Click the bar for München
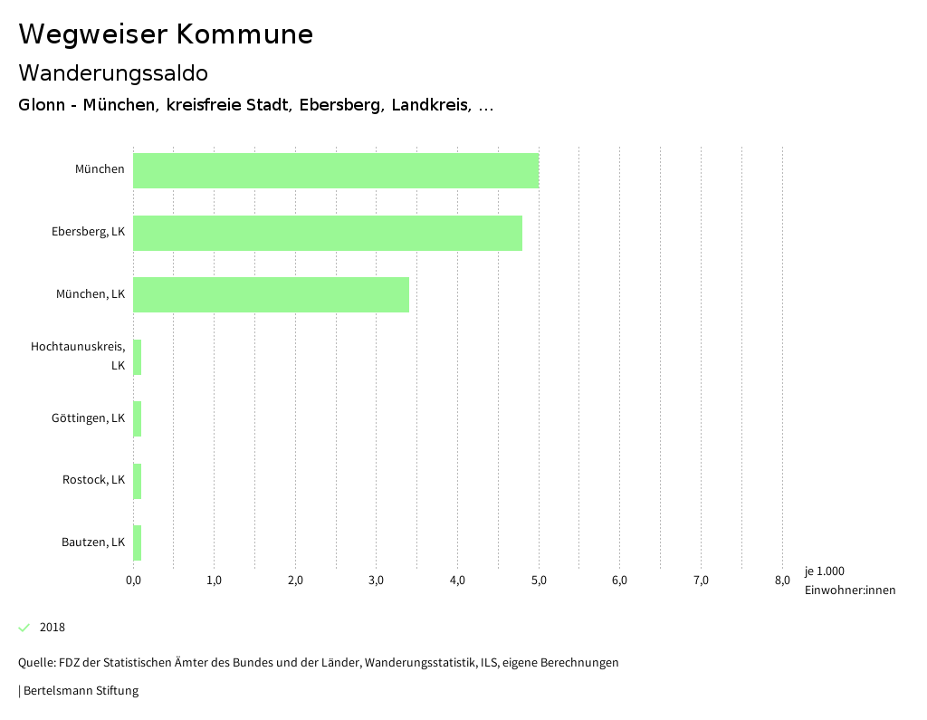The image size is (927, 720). (x=336, y=170)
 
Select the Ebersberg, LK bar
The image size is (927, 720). (x=328, y=233)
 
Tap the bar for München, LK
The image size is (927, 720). (x=271, y=294)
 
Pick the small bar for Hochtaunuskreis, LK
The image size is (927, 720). (x=138, y=357)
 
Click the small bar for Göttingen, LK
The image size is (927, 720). (x=138, y=418)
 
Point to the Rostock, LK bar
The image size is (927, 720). (x=138, y=481)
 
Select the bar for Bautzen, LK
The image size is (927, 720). (x=138, y=542)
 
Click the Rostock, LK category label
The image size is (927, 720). (x=93, y=480)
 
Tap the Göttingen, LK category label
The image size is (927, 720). (x=88, y=418)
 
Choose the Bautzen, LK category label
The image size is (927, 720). (x=93, y=542)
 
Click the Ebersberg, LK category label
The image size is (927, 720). (x=88, y=232)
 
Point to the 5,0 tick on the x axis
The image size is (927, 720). (x=539, y=581)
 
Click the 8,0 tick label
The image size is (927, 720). (x=782, y=581)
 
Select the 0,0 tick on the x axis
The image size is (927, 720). (x=133, y=581)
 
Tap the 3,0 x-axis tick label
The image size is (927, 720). (x=377, y=581)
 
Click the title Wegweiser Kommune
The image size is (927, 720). (x=166, y=34)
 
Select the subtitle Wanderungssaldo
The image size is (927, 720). (x=113, y=72)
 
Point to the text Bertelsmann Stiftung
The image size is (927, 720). (x=81, y=691)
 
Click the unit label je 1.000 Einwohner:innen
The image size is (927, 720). (x=849, y=581)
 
